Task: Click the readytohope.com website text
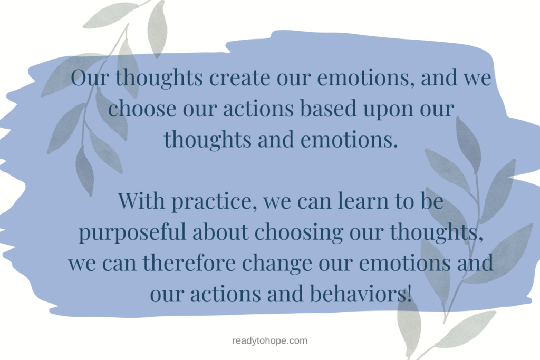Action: coord(269,341)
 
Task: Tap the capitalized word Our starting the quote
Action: coord(90,79)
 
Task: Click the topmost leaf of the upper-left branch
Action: coord(157,26)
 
